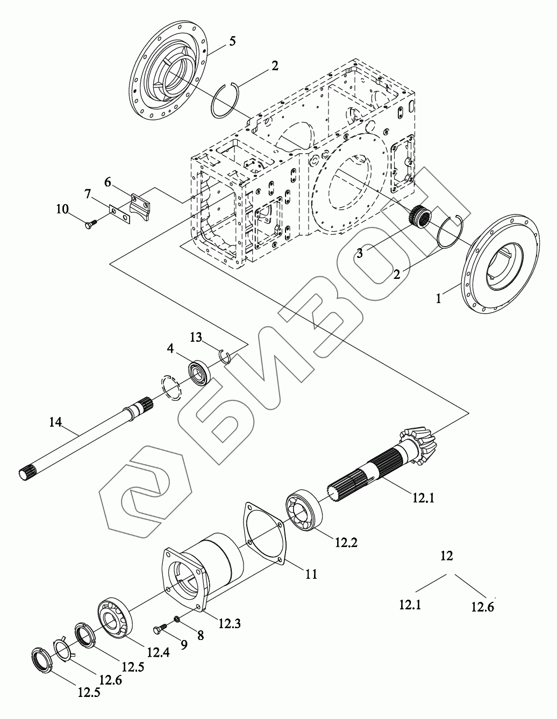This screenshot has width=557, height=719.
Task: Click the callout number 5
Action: (232, 41)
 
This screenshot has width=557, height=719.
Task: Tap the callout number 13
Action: (195, 337)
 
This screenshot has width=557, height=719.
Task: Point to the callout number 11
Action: (311, 574)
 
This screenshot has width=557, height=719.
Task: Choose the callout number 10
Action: (62, 208)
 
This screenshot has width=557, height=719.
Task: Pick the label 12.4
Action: (158, 652)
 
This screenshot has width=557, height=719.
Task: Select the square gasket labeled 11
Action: (263, 532)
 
